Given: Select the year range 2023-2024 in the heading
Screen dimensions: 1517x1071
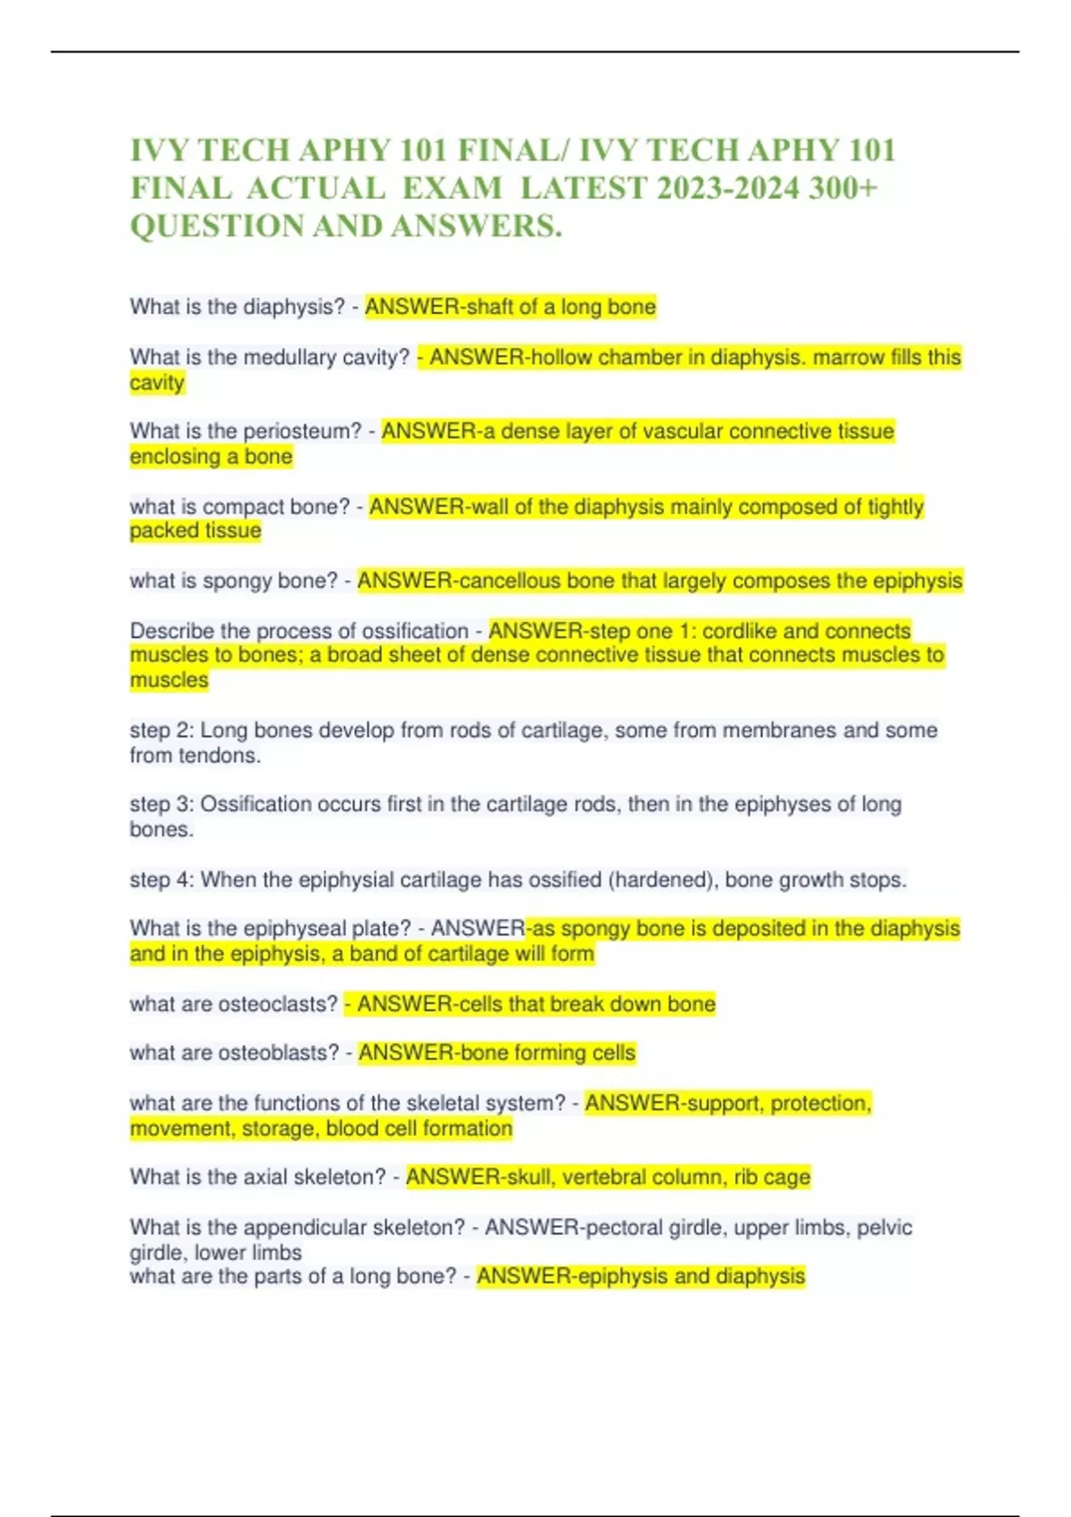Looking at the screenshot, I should click(727, 188).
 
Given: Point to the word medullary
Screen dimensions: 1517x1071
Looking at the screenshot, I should click(278, 358).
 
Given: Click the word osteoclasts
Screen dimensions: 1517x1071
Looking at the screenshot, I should click(278, 1004).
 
